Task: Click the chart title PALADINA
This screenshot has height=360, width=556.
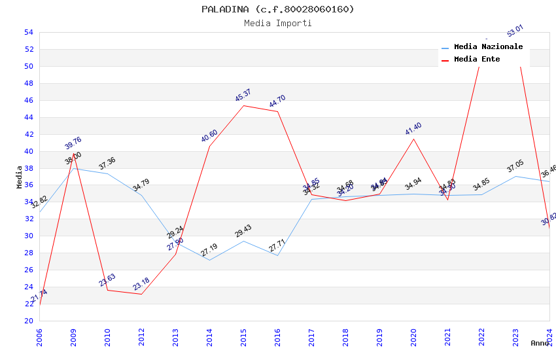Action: [x=277, y=9]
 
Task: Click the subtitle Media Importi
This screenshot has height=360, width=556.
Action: [x=277, y=23]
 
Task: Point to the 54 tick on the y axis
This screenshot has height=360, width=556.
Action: [x=29, y=32]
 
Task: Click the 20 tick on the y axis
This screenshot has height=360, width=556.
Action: [x=29, y=321]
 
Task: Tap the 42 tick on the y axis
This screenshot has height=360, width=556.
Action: [x=29, y=134]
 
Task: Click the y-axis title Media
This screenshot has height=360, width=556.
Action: [x=20, y=177]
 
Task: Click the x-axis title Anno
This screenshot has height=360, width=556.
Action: [x=540, y=343]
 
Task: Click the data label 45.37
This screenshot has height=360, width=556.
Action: [x=243, y=96]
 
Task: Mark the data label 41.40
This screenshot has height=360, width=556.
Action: [x=413, y=129]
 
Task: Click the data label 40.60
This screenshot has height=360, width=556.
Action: [x=209, y=136]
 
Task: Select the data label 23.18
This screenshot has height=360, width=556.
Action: [x=141, y=284]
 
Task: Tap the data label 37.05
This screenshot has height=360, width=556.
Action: [x=515, y=166]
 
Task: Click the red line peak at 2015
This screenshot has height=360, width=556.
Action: [x=243, y=105]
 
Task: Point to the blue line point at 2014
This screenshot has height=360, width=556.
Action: [x=209, y=260]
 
